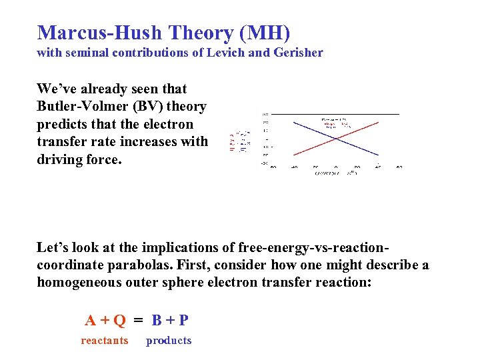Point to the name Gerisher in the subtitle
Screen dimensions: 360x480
point(298,53)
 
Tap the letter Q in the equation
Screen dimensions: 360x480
point(119,320)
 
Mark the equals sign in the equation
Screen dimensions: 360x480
point(138,320)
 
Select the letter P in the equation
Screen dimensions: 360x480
point(183,320)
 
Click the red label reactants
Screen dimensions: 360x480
point(104,341)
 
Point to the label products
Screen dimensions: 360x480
point(169,341)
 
